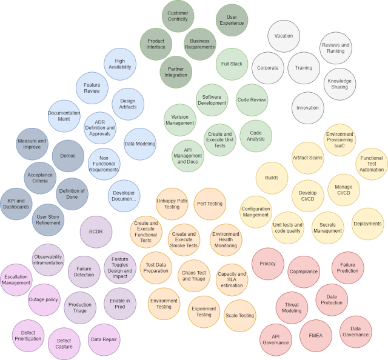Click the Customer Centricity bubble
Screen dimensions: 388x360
[178, 16]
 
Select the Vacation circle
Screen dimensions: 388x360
[283, 36]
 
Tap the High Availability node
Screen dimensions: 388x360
[119, 65]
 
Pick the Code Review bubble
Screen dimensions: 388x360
[252, 100]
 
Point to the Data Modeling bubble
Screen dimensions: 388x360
[140, 144]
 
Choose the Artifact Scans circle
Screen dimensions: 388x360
[307, 158]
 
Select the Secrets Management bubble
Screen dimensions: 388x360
[327, 227]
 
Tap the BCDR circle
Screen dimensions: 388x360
[96, 232]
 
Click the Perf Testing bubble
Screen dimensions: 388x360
[210, 204]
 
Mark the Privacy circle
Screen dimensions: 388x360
[267, 264]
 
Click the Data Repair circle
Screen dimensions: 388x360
[104, 339]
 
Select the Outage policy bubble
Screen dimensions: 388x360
[43, 299]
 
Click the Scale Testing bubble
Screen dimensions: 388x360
[239, 316]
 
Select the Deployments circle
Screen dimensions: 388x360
[367, 224]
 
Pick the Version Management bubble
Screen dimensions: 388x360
[180, 119]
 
